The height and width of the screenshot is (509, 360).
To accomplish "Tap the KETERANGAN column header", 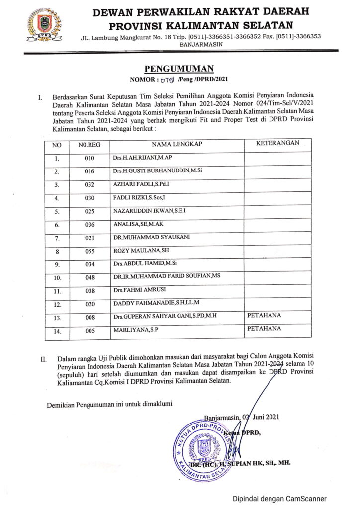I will [277, 143].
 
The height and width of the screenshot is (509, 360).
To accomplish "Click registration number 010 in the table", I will [89, 159].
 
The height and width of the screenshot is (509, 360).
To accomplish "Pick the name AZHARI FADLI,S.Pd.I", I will [141, 185].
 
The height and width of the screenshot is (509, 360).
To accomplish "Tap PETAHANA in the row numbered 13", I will [264, 315].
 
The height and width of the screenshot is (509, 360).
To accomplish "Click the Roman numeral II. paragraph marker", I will [44, 358].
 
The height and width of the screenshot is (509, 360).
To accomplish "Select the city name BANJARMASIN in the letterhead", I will [201, 44].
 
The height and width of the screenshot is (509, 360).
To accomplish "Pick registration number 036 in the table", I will [89, 224].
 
